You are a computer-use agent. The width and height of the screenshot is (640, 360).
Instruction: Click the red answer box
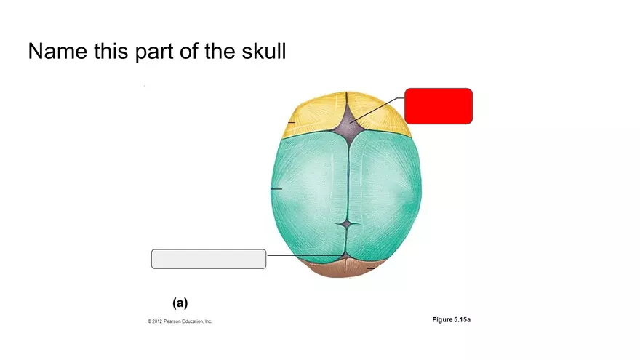(439, 105)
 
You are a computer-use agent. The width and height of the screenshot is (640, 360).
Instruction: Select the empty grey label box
(208, 258)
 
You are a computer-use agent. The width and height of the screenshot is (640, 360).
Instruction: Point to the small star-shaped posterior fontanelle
(348, 223)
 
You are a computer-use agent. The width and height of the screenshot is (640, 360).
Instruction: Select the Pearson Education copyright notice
(180, 321)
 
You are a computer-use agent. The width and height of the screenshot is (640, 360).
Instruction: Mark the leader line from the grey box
(291, 256)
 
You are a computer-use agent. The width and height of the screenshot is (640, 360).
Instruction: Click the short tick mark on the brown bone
(371, 269)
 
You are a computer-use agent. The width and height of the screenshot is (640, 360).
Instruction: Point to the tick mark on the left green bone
(276, 189)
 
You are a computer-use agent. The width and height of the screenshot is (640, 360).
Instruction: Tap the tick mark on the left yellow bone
(291, 122)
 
